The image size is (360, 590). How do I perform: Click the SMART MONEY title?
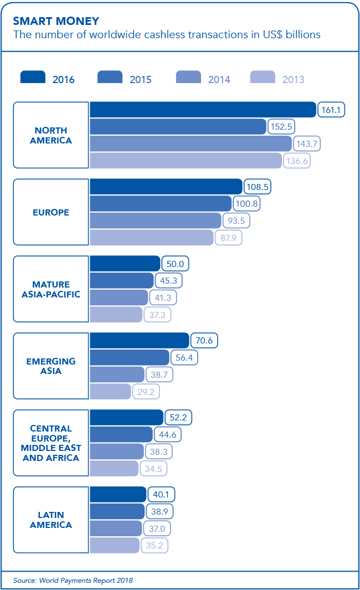coord(56,22)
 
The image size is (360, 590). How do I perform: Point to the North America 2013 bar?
coord(186,160)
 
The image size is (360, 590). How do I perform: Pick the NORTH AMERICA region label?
coord(51,135)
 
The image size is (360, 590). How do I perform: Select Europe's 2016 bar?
coord(166,187)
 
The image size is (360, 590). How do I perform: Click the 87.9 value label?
coord(228,238)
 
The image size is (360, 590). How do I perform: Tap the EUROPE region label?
coord(51,212)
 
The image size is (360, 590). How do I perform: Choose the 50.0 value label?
coord(174,264)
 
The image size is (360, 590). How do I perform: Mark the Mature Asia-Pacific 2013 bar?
coord(116,315)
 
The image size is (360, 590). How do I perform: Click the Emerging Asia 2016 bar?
coord(139,341)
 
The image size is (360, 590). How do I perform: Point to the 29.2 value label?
coord(146,392)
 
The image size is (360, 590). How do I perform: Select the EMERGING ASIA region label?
coord(51,366)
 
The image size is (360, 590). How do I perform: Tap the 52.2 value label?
coord(178,418)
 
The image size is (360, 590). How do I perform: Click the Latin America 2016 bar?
coord(117,495)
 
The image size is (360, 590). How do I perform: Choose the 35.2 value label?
coord(153,546)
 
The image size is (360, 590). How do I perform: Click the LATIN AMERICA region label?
coord(51,520)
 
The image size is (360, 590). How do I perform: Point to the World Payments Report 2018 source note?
coord(73,581)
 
